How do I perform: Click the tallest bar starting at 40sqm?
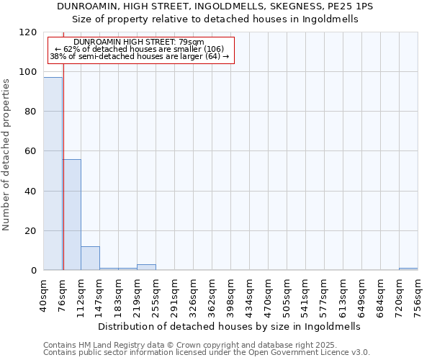coord(53,174)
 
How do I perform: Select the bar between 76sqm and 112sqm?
coord(72,215)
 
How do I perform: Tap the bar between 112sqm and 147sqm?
coord(90,258)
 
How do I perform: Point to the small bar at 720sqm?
coord(408,269)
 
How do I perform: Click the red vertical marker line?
coord(63,180)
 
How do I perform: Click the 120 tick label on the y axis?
coord(28,32)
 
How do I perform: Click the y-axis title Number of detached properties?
coord(7,156)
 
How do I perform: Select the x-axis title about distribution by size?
coord(228,326)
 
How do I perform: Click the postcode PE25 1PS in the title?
coord(351,6)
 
